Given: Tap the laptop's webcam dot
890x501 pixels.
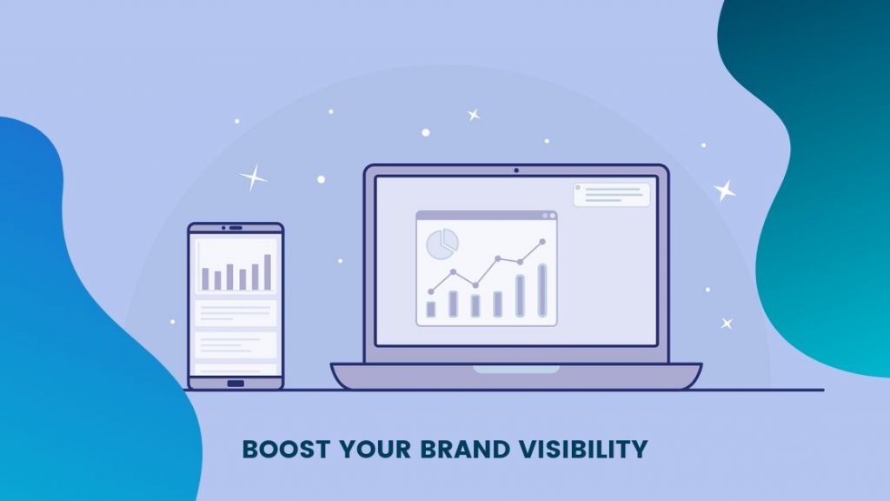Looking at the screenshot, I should click(x=515, y=170).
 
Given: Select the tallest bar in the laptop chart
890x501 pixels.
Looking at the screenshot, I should click(x=542, y=290).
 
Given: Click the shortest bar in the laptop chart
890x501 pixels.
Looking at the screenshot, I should click(x=431, y=309).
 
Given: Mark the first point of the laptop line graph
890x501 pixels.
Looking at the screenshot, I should click(x=431, y=291).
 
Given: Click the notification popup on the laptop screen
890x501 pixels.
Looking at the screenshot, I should click(x=612, y=194).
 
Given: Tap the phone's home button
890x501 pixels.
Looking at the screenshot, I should click(x=236, y=384).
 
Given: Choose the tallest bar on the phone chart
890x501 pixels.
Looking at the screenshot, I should click(x=268, y=271).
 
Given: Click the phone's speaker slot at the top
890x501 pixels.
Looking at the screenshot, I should click(x=236, y=228).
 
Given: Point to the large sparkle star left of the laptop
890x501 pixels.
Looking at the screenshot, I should click(x=253, y=178).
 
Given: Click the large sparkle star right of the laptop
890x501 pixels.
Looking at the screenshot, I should click(x=724, y=190).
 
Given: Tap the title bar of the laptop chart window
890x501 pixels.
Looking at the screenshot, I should click(x=486, y=215).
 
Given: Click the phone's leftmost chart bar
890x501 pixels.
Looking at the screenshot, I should click(x=206, y=278).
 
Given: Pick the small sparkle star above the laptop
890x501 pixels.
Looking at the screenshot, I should click(x=474, y=114).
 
